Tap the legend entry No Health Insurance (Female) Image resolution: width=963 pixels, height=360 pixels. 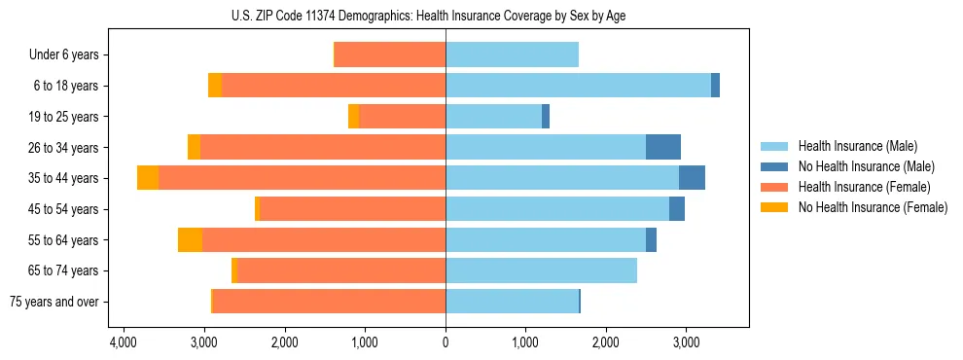[872, 207]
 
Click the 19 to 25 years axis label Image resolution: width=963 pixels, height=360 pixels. [63, 117]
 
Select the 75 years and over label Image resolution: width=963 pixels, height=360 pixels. [53, 302]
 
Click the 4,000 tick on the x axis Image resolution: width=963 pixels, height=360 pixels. [123, 343]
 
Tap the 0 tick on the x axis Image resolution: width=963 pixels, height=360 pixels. [446, 343]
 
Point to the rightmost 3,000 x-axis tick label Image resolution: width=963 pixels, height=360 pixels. [685, 343]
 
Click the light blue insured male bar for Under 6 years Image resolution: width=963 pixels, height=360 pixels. [512, 55]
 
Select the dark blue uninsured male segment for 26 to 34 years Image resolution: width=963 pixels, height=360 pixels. [662, 147]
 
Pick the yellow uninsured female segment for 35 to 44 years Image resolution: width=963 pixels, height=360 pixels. [148, 178]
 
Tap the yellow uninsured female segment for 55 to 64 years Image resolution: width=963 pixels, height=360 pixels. [190, 240]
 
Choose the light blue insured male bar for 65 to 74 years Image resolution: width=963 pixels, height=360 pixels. [541, 270]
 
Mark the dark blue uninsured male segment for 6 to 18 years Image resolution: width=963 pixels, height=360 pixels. [715, 86]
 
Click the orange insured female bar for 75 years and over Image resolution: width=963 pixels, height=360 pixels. [329, 302]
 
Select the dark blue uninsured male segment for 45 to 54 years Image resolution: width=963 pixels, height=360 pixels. [676, 209]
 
